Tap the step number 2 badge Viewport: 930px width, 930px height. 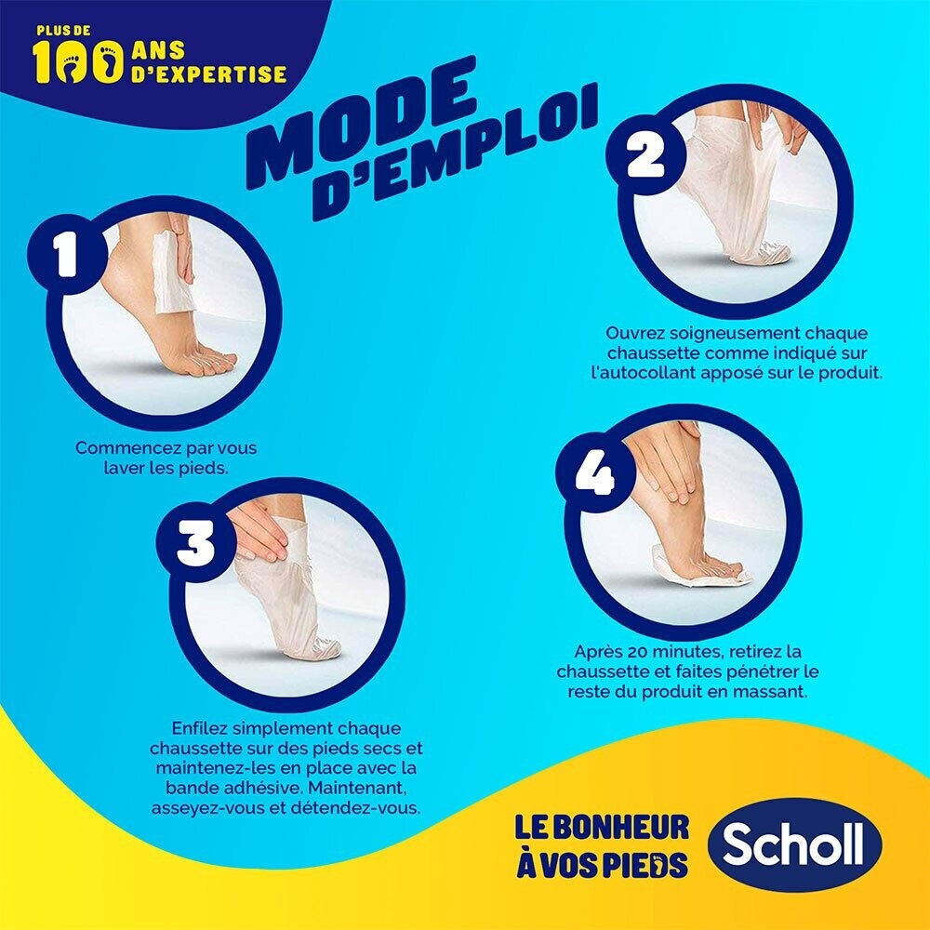(x=645, y=154)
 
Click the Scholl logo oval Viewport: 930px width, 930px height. (x=794, y=844)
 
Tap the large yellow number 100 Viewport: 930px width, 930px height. (x=78, y=62)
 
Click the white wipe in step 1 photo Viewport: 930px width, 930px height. (x=172, y=272)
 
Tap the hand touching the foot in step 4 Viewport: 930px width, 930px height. (x=664, y=457)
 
